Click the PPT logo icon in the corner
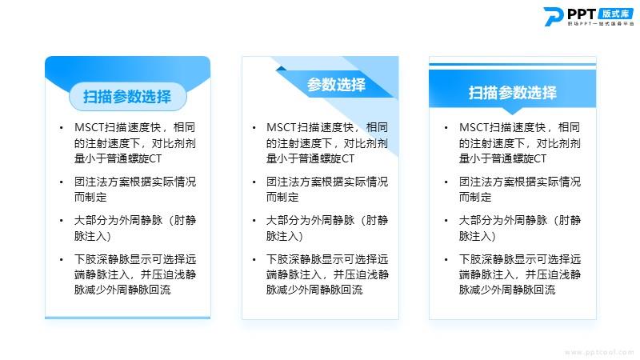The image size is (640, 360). [553, 17]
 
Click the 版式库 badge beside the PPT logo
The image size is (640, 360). [615, 14]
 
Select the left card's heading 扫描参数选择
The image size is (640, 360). [127, 96]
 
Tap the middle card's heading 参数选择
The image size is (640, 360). [336, 85]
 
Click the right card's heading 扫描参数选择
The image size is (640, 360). [512, 93]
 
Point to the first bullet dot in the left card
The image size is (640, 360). [62, 128]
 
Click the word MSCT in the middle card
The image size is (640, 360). [282, 127]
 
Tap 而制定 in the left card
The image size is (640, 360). [90, 197]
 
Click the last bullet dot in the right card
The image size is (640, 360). [446, 259]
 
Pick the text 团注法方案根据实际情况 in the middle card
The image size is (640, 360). [327, 182]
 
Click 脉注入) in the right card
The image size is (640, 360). [477, 236]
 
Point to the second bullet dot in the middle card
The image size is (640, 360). [254, 182]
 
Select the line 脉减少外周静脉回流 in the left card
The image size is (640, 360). [122, 290]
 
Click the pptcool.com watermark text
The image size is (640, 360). [598, 352]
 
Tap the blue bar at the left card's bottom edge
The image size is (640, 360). [128, 318]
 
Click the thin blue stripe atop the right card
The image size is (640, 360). [512, 64]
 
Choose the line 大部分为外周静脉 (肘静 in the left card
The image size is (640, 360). [135, 221]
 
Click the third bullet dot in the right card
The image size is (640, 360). [446, 221]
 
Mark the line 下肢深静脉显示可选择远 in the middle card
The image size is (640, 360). [327, 259]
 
